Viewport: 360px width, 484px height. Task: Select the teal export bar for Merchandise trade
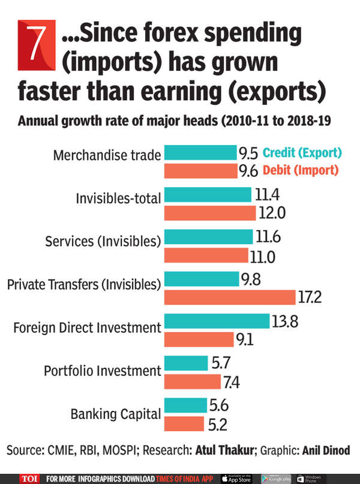coord(200,153)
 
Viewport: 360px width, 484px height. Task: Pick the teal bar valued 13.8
coord(217,321)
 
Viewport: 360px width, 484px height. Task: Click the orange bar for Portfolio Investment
coord(192,381)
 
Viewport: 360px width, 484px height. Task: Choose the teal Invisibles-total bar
coord(207,194)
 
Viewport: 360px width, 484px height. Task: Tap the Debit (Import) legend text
coord(300,170)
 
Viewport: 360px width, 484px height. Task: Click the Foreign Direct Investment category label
coord(88,328)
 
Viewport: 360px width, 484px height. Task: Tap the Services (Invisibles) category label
coord(103,241)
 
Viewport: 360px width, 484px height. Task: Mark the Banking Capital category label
coord(116,414)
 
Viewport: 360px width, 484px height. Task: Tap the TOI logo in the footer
coord(29,478)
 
